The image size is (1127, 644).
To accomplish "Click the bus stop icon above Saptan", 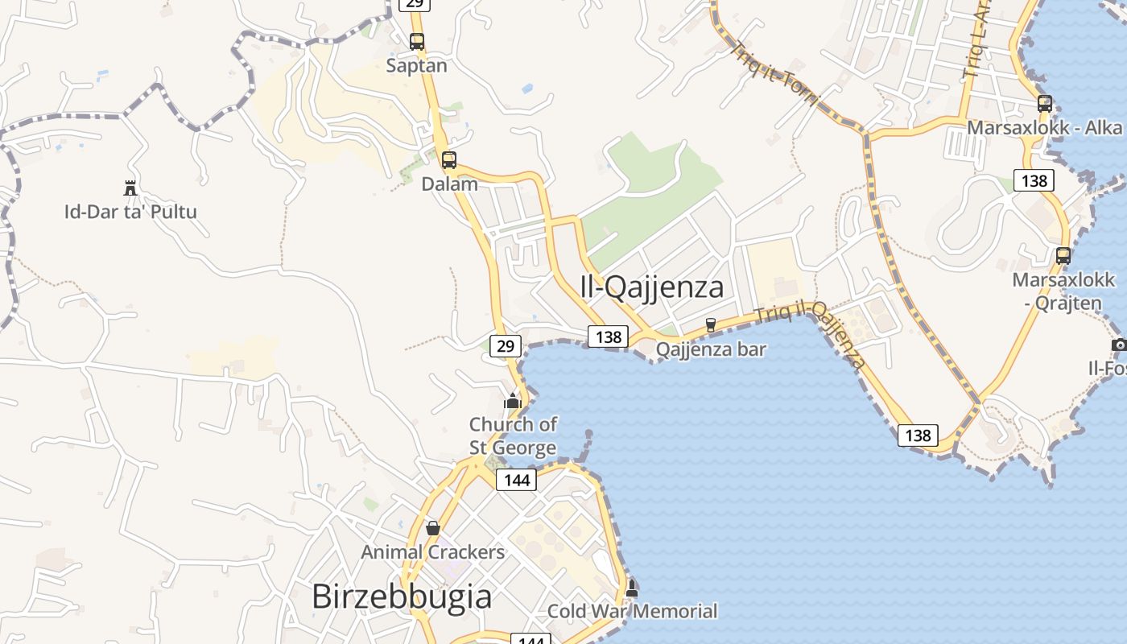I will (417, 42).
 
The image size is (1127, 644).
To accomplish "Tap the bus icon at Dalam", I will (449, 160).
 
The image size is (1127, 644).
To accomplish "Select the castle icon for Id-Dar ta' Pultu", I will (130, 188).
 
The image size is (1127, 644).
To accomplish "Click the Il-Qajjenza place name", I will (651, 287).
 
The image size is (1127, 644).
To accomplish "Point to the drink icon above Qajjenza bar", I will (710, 325).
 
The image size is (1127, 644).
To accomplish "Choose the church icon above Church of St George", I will (513, 400).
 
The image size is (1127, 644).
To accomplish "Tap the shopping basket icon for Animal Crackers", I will (433, 528).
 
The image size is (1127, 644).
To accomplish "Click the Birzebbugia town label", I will (401, 597).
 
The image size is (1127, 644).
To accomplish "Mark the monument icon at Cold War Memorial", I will (632, 588).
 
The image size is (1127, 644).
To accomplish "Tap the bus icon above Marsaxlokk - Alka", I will (1045, 104).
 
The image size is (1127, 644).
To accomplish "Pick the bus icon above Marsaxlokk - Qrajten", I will (1063, 256).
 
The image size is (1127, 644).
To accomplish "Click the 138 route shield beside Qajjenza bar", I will (608, 336).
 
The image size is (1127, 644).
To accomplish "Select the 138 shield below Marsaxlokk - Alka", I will (1034, 180).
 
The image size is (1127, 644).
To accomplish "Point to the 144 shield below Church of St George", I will (516, 480).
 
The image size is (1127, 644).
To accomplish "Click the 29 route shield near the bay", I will (505, 346).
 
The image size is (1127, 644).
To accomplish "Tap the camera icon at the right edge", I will (1119, 345).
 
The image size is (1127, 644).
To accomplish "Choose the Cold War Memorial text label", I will (632, 611).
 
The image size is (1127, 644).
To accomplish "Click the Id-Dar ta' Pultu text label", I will (130, 213).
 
